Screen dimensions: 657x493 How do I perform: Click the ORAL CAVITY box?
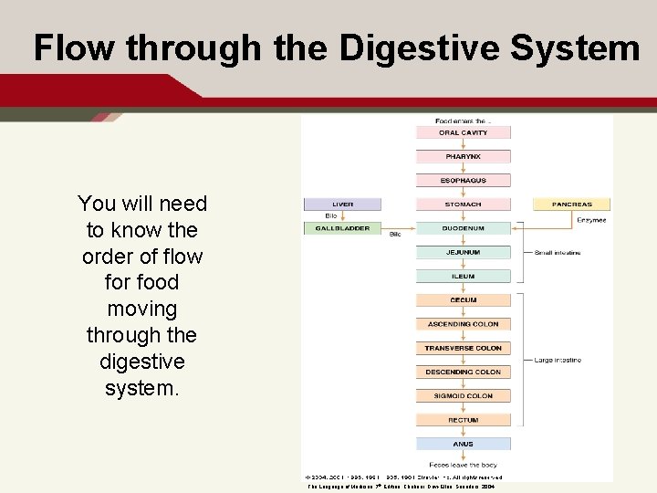pos(463,132)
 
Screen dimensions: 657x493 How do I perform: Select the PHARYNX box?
pos(463,156)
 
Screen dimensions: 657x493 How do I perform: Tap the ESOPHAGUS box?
pos(463,180)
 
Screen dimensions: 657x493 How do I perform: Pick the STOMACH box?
pos(463,205)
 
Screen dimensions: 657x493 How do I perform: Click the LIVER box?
pos(342,205)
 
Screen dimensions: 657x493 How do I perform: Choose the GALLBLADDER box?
pos(342,228)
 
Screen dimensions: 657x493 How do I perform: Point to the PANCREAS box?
pos(572,205)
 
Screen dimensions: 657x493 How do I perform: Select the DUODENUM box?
pos(463,228)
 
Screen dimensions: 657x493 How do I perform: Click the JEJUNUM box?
pos(463,252)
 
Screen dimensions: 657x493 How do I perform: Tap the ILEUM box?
pos(463,276)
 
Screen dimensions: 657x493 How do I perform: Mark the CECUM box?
pos(463,300)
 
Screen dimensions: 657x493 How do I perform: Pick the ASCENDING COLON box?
pos(463,324)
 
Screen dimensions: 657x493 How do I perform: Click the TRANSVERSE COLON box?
pos(463,348)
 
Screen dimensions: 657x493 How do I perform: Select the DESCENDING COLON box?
pos(463,372)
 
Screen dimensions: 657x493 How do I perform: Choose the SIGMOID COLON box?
pos(463,396)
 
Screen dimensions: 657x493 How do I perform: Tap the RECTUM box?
pos(463,420)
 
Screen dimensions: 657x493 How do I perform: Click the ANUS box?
pos(463,444)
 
